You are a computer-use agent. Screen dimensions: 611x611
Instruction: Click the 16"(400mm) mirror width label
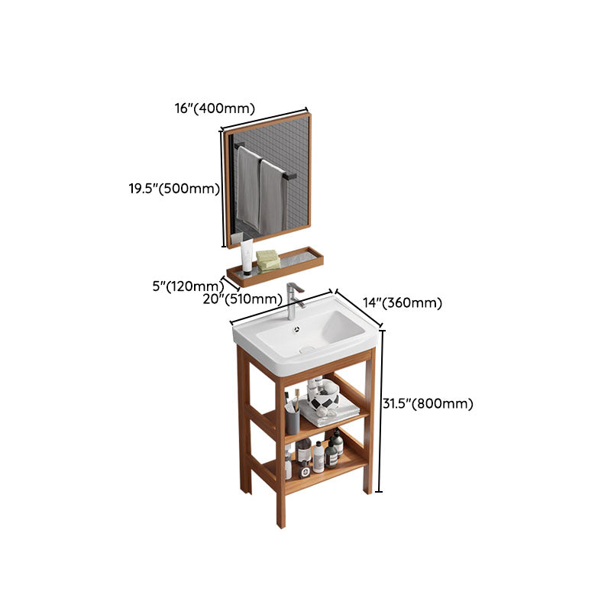tap(215, 108)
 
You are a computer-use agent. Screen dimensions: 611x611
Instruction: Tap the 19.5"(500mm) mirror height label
tap(174, 189)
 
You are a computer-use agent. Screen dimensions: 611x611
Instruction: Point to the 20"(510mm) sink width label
tap(243, 299)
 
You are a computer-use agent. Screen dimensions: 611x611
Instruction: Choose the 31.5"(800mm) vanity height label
tap(428, 404)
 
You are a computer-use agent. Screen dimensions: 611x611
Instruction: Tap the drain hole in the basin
tap(307, 348)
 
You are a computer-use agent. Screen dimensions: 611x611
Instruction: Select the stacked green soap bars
tap(267, 260)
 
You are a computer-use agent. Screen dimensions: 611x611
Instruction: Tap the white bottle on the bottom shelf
tap(318, 457)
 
